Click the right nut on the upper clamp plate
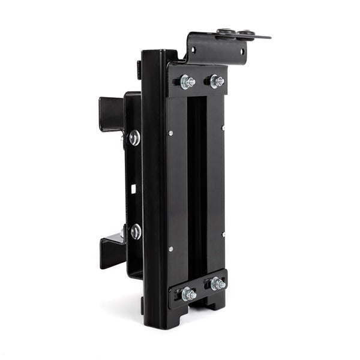pyautogui.click(x=215, y=81)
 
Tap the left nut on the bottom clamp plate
pyautogui.click(x=188, y=293)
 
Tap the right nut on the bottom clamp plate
pyautogui.click(x=217, y=283)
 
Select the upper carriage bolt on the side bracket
pyautogui.click(x=134, y=138)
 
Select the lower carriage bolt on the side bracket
pyautogui.click(x=136, y=232)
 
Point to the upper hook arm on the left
pyautogui.click(x=112, y=113)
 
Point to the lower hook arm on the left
pyautogui.click(x=112, y=251)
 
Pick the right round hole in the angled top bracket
pyautogui.click(x=243, y=51)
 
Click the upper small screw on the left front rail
pyautogui.click(x=170, y=133)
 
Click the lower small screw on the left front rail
pyautogui.click(x=170, y=248)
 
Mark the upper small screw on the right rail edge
pyautogui.click(x=223, y=127)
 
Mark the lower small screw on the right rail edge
pyautogui.click(x=223, y=235)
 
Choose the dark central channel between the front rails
pyautogui.click(x=196, y=186)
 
